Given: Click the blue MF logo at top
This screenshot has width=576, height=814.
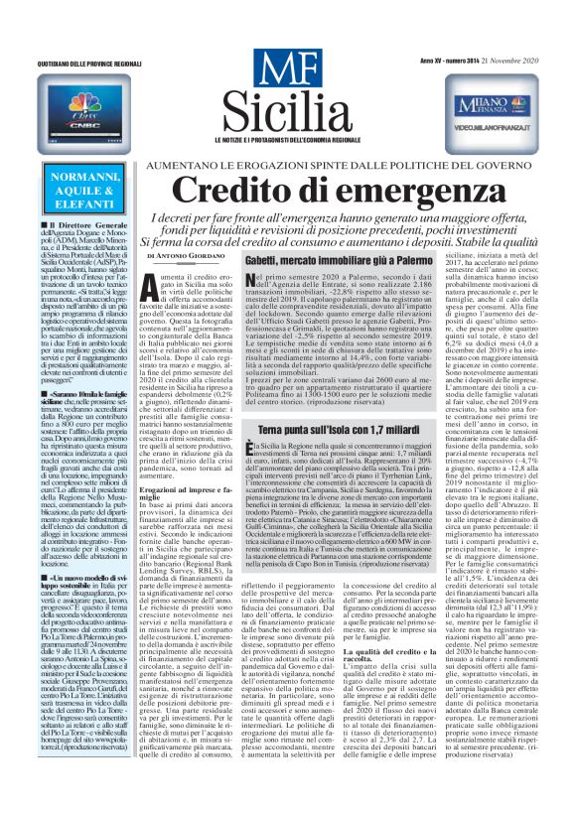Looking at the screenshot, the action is [x=287, y=70].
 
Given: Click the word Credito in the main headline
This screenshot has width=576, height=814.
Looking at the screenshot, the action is [x=238, y=191].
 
